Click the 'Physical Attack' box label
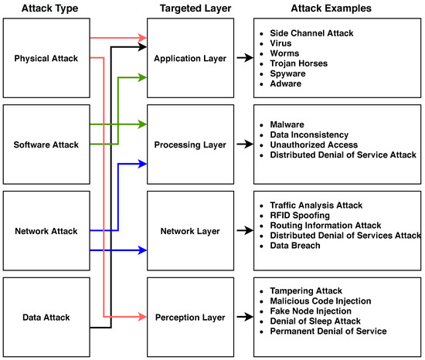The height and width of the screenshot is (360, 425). pos(45,58)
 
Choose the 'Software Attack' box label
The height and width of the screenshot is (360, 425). pos(45,144)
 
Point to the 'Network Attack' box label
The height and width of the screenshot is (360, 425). pos(45,230)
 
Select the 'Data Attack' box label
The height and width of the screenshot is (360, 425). pos(45,317)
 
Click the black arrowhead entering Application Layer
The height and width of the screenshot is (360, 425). pos(143,48)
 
